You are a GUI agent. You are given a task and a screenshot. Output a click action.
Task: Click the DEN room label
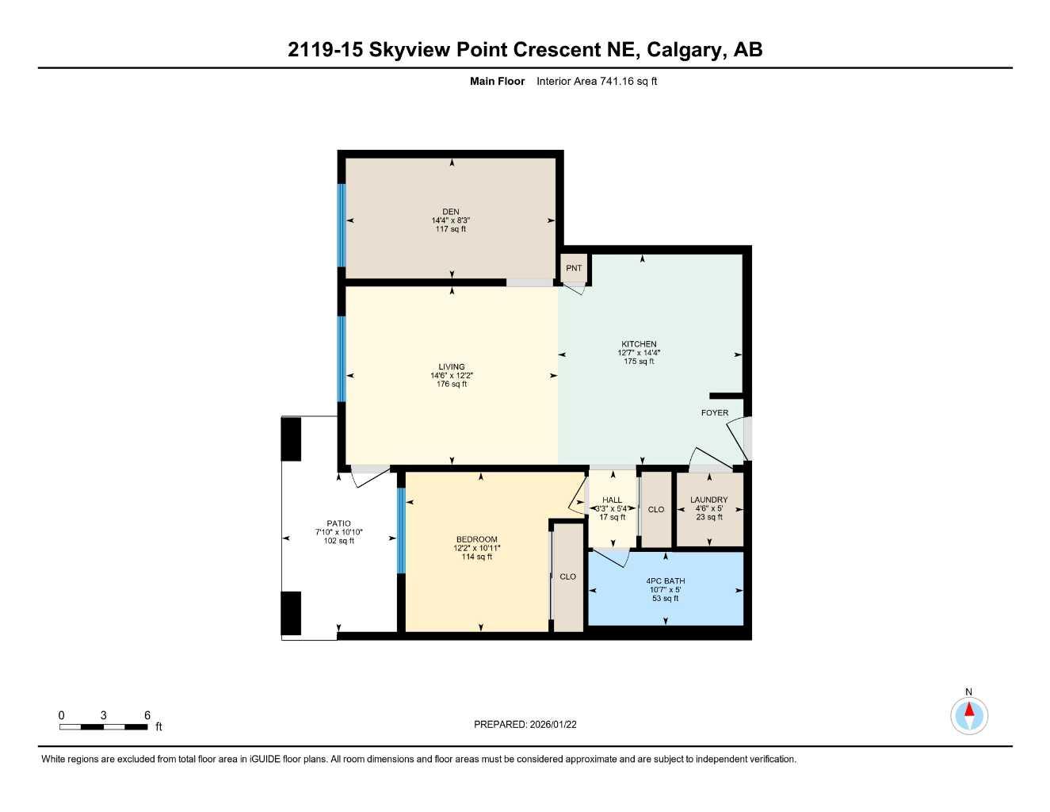click(451, 212)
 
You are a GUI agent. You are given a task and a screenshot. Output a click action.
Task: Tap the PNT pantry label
click(574, 268)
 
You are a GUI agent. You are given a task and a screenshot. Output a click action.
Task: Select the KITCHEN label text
click(639, 344)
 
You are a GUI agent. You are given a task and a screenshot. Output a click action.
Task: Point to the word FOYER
click(715, 413)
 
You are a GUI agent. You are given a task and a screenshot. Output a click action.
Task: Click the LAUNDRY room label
click(708, 500)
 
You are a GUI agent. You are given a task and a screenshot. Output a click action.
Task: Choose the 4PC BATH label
click(665, 581)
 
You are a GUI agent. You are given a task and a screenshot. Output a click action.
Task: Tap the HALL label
click(612, 500)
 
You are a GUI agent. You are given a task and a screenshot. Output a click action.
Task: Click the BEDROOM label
click(476, 540)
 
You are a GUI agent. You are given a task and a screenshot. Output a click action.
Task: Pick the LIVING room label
click(452, 367)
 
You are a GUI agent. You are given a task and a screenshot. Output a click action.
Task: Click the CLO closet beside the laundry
click(656, 510)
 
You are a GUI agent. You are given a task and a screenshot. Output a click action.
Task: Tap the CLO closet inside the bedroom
click(567, 576)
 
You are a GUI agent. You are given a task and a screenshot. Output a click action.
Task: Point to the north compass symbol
click(969, 714)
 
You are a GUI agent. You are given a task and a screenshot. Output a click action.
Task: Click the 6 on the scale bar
click(147, 715)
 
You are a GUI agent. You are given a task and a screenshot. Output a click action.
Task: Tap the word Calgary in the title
click(685, 50)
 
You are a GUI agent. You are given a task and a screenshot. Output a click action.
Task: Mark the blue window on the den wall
click(342, 225)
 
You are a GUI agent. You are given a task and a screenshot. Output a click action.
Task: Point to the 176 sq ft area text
click(452, 385)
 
